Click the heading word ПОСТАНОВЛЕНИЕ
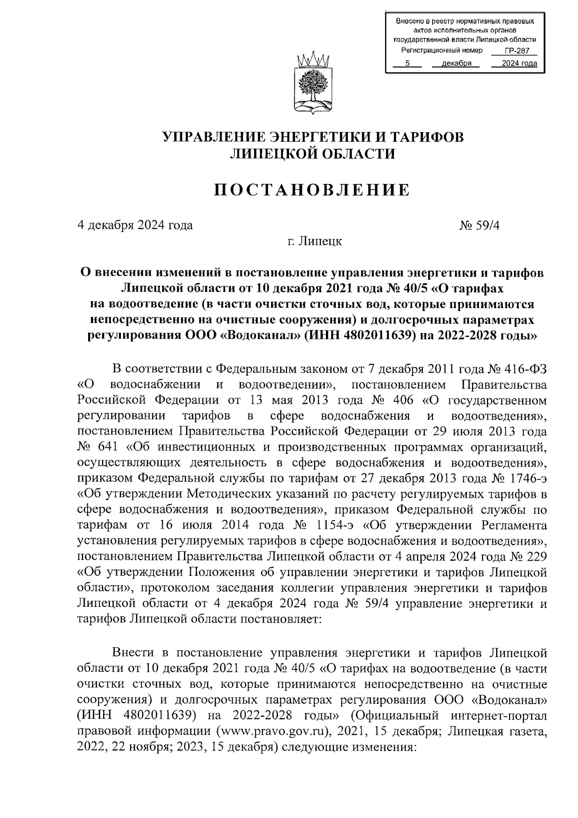tap(312, 190)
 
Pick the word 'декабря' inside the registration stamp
tap(457, 64)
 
